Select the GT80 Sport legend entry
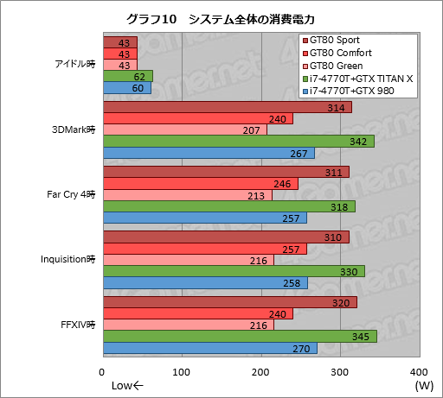click(x=339, y=41)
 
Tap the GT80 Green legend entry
click(x=341, y=66)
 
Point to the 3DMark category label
click(x=73, y=130)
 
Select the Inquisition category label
click(x=67, y=259)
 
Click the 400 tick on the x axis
click(x=421, y=372)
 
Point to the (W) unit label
click(x=424, y=385)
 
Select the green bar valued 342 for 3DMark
click(x=238, y=141)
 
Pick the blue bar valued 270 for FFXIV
click(x=209, y=348)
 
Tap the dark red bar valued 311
click(x=226, y=171)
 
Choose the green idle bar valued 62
click(x=127, y=76)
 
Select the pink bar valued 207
click(x=184, y=130)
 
